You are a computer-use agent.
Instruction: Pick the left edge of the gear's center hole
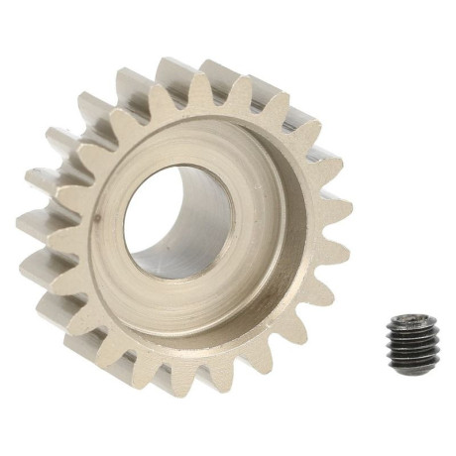(125, 223)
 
